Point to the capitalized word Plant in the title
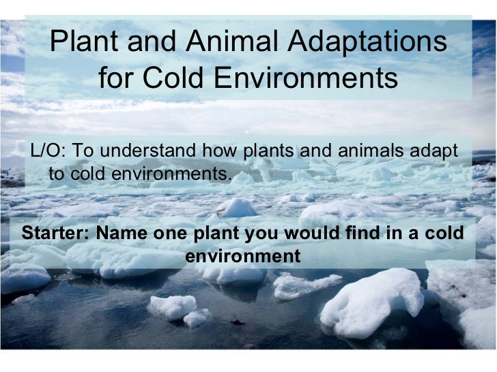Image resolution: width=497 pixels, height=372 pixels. coord(85,44)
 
